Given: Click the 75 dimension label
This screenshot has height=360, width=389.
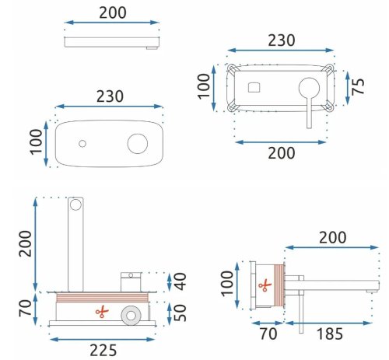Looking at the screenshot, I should pos(359,86).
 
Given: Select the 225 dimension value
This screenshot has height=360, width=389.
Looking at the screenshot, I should pos(104,349).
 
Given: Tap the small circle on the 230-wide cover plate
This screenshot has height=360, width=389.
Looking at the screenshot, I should pos(82,144).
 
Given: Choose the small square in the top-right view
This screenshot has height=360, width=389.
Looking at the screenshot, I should pos(255,86).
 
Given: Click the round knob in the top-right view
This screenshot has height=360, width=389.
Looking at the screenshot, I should pos(310,87).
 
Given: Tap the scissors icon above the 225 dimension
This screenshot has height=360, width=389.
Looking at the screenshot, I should pos(100,313).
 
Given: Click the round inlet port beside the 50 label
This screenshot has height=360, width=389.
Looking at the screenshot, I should pos(130,316).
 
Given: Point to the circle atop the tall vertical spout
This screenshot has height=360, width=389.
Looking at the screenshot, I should pos(76,205).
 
